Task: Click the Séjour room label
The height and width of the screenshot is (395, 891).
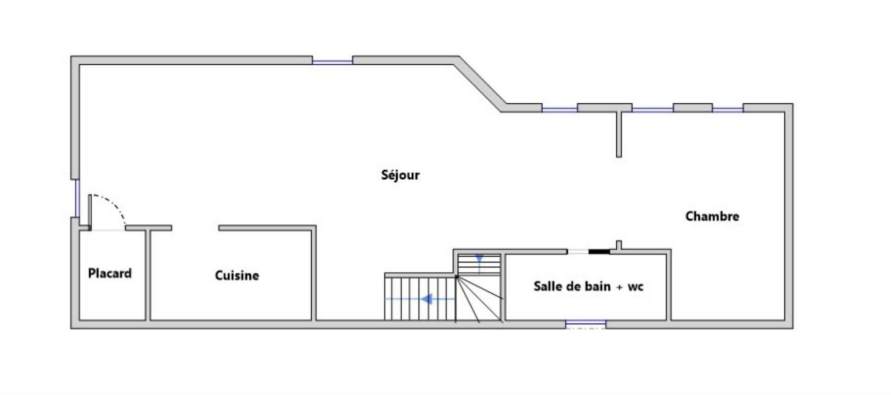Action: click(x=400, y=175)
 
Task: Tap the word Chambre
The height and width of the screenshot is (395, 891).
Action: click(x=712, y=216)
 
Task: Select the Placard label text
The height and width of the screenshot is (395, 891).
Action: click(x=110, y=273)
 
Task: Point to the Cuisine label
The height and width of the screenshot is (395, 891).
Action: click(x=237, y=275)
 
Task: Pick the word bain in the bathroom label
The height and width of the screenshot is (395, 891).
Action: click(x=598, y=287)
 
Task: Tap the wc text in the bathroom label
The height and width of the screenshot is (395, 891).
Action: click(x=635, y=287)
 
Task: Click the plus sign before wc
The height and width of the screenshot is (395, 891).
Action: click(x=619, y=288)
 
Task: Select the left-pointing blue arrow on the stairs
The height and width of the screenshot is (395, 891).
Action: click(x=427, y=299)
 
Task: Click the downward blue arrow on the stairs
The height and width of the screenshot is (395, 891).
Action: click(x=479, y=259)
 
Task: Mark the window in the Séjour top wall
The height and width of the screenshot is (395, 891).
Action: click(x=332, y=62)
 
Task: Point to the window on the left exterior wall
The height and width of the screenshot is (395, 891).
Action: click(x=77, y=197)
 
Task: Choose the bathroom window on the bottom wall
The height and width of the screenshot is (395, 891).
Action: click(x=585, y=323)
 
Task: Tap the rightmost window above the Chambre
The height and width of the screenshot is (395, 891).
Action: click(x=728, y=109)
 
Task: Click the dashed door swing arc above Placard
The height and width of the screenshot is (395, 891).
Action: click(x=114, y=203)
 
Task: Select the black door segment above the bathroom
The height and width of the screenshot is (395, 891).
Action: click(x=599, y=251)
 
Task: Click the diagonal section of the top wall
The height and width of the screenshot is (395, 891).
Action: click(x=481, y=84)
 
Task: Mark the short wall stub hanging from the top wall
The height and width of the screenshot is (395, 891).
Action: click(x=618, y=134)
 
